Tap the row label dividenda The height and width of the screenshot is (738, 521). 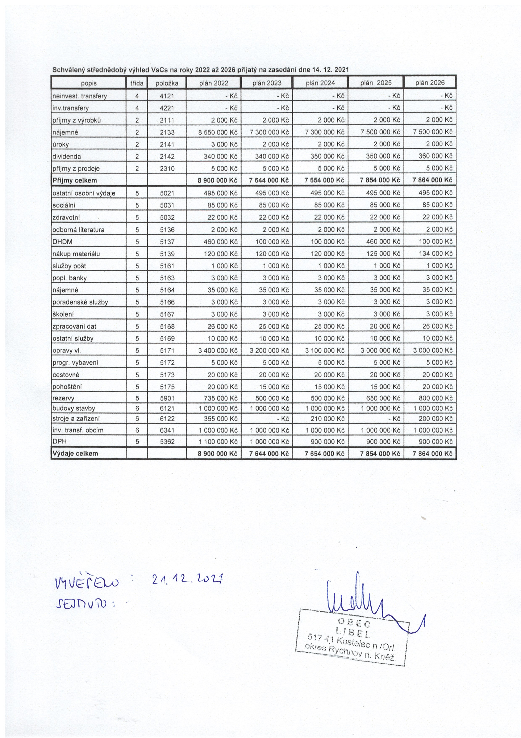point(67,157)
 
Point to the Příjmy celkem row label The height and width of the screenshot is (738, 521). point(75,180)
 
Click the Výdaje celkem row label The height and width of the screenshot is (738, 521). point(75,454)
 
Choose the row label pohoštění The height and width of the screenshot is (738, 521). point(65,387)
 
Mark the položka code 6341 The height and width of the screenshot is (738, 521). point(167,430)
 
